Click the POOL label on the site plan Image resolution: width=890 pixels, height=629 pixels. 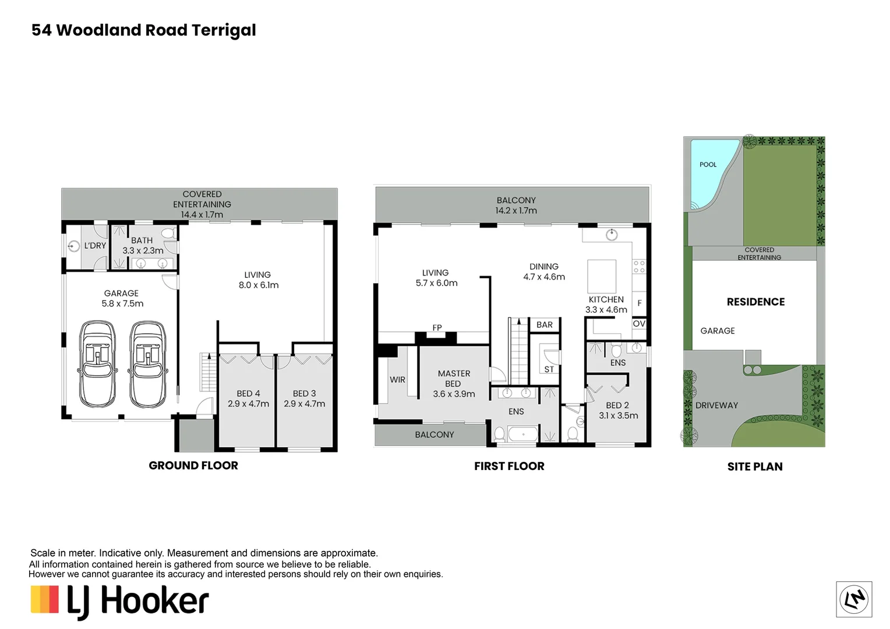(708, 164)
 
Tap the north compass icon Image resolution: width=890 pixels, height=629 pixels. (854, 599)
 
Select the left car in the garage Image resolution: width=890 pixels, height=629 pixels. (98, 364)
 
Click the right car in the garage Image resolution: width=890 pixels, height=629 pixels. (147, 364)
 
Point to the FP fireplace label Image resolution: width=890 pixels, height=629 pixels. (437, 328)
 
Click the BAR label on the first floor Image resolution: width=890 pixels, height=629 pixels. (545, 324)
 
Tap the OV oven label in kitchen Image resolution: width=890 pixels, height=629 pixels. (639, 324)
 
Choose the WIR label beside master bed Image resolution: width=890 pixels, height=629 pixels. (397, 380)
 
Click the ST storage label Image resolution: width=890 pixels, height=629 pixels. (549, 369)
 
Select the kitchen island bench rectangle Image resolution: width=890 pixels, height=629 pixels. (602, 277)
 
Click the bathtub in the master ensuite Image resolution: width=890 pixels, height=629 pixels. (523, 433)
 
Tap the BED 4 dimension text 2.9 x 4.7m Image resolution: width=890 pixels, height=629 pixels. (248, 404)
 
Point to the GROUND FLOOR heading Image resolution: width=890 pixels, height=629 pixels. (193, 465)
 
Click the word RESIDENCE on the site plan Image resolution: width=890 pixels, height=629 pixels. (755, 302)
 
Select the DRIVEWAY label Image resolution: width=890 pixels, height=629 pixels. (717, 405)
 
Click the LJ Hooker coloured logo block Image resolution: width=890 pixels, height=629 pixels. (44, 599)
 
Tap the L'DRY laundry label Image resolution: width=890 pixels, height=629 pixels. (96, 246)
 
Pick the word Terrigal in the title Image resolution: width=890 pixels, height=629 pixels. (224, 31)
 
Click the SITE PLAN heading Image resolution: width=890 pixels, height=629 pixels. (755, 467)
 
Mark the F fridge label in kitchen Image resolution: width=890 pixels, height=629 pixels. (640, 303)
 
